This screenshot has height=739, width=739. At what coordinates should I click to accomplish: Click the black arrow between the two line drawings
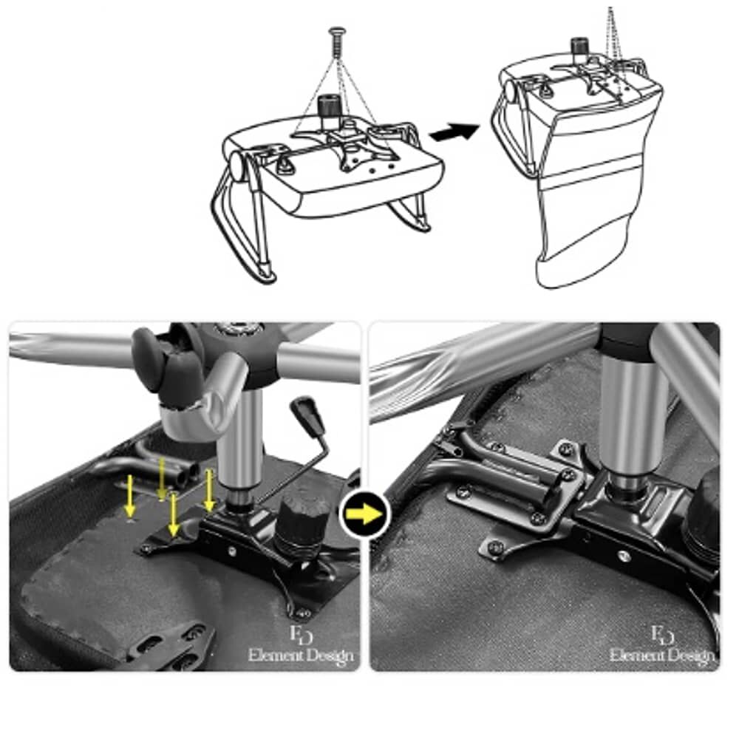point(454,132)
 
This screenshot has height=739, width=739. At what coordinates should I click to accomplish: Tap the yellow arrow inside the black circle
point(364,514)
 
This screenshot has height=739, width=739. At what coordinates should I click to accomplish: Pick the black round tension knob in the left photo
point(303,524)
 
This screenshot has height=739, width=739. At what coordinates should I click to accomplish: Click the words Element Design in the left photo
point(301,655)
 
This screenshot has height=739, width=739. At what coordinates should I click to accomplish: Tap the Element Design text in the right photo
point(661,655)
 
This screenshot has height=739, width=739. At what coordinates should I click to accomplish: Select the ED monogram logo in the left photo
point(302,634)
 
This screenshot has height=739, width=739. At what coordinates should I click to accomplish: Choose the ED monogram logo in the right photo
point(662,634)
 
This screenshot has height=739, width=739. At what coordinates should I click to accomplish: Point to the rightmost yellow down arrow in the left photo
point(209,490)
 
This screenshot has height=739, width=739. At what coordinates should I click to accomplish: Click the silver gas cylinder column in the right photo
point(630,420)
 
